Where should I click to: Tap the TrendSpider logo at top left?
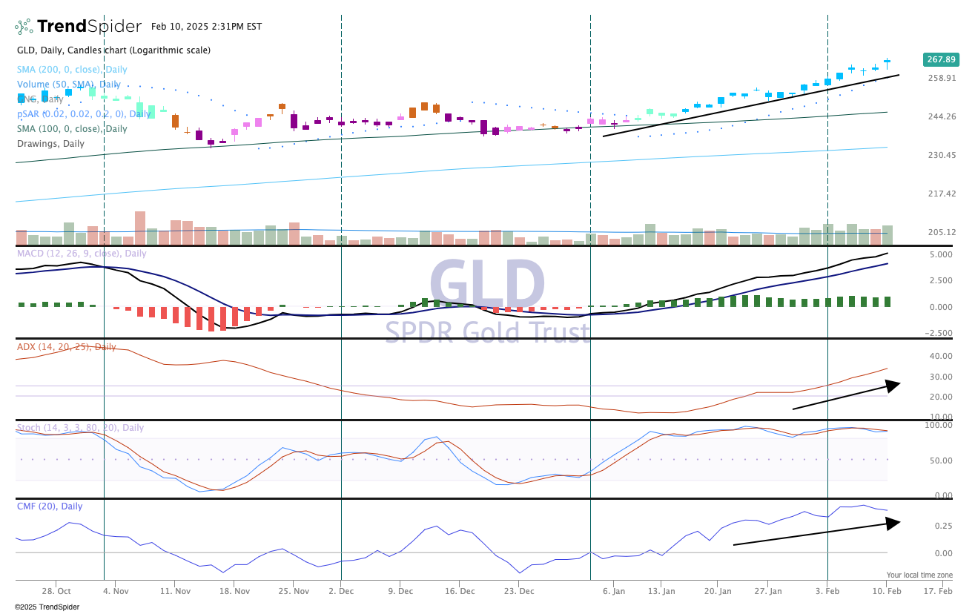(x=78, y=27)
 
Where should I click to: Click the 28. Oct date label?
(x=56, y=591)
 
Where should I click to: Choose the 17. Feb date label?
(x=938, y=591)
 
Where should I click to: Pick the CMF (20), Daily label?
(x=50, y=506)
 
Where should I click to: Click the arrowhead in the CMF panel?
(x=893, y=522)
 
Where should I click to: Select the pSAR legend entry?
(x=84, y=114)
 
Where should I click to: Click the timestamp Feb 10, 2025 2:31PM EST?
(x=206, y=27)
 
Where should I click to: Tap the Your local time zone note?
(x=919, y=575)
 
